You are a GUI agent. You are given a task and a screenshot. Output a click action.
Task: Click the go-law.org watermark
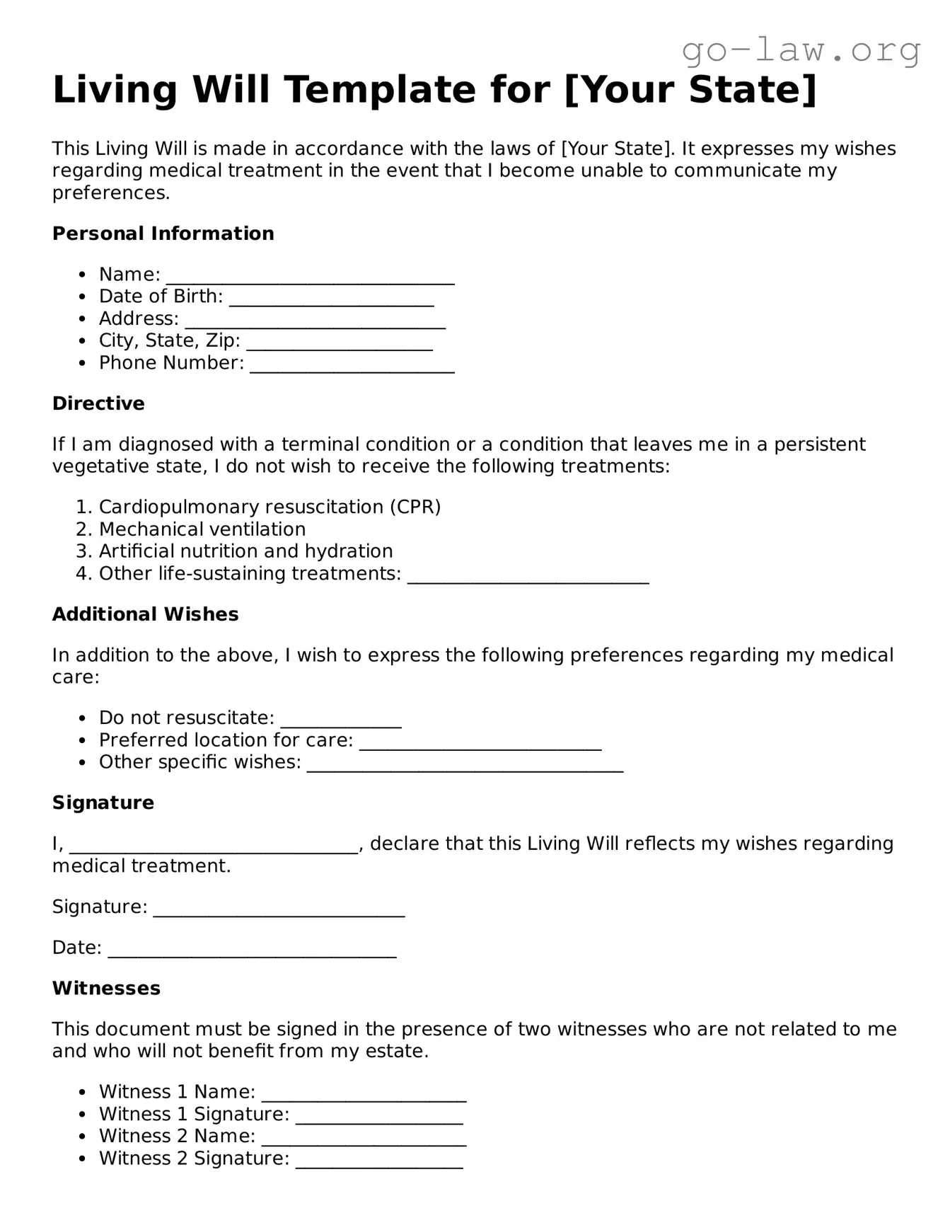coord(801,50)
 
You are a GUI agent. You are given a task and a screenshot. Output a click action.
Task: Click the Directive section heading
coord(98,403)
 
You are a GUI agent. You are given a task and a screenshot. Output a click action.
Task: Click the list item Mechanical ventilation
coord(202,529)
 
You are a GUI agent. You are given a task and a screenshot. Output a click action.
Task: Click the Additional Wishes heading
coord(145,614)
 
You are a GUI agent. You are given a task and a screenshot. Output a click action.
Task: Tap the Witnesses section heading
coord(106,988)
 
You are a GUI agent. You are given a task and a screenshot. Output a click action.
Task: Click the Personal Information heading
coord(163,234)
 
